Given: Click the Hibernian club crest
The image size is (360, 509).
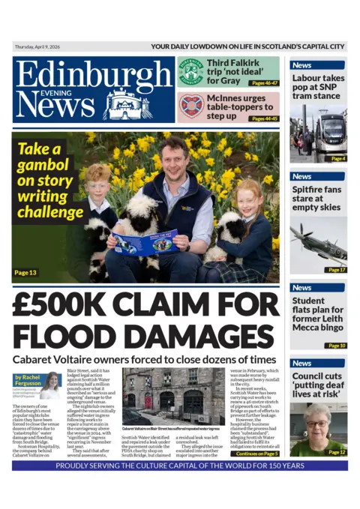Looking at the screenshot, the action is click(x=190, y=72).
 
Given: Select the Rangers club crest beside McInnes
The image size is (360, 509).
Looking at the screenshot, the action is click(x=190, y=105).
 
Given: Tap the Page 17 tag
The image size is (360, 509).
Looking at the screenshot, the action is click(x=335, y=269).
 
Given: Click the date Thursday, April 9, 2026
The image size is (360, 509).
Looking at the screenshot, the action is click(x=43, y=46).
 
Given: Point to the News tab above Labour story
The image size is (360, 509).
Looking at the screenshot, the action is click(x=301, y=65).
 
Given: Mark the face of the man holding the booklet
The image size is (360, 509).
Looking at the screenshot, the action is click(x=173, y=157).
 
